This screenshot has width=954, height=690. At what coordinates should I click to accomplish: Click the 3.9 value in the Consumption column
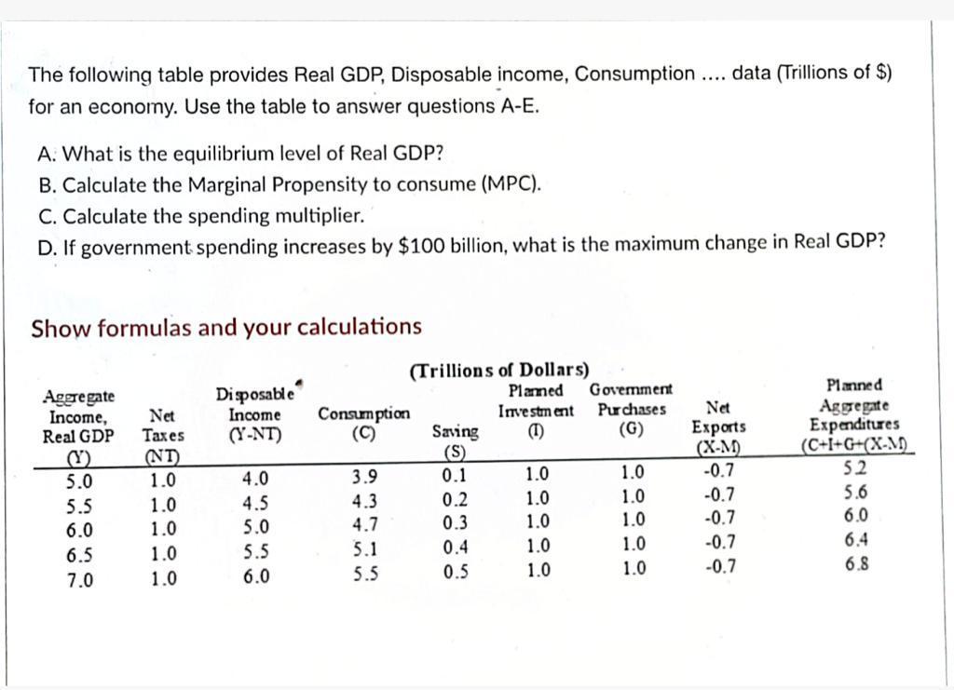click(363, 478)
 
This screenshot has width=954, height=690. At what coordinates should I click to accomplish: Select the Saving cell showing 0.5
click(455, 572)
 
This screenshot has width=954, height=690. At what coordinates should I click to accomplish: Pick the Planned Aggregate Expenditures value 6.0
click(855, 516)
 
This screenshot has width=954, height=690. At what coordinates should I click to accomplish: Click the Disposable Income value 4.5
click(255, 505)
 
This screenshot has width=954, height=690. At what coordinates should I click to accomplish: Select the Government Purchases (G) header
click(632, 411)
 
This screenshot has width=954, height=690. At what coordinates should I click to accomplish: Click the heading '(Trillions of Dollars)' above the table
click(499, 370)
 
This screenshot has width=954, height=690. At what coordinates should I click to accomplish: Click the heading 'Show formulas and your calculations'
click(226, 328)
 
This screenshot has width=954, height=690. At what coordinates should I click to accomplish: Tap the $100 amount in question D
click(417, 245)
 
